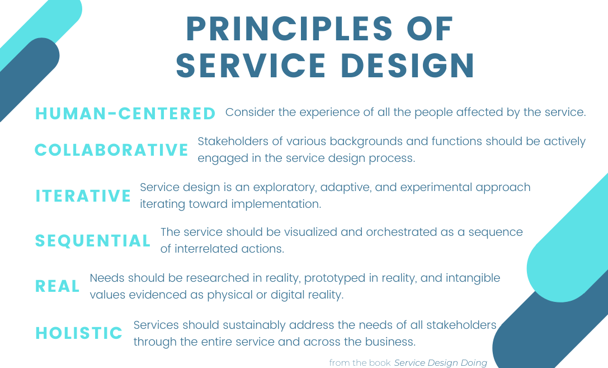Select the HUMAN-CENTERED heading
[x=125, y=113]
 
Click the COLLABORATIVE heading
[x=111, y=150]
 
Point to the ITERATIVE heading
[x=83, y=195]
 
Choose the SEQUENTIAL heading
[x=93, y=241]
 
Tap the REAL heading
[x=58, y=286]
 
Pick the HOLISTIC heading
[x=79, y=333]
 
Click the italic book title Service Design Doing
[x=440, y=362]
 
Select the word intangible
[x=473, y=278]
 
